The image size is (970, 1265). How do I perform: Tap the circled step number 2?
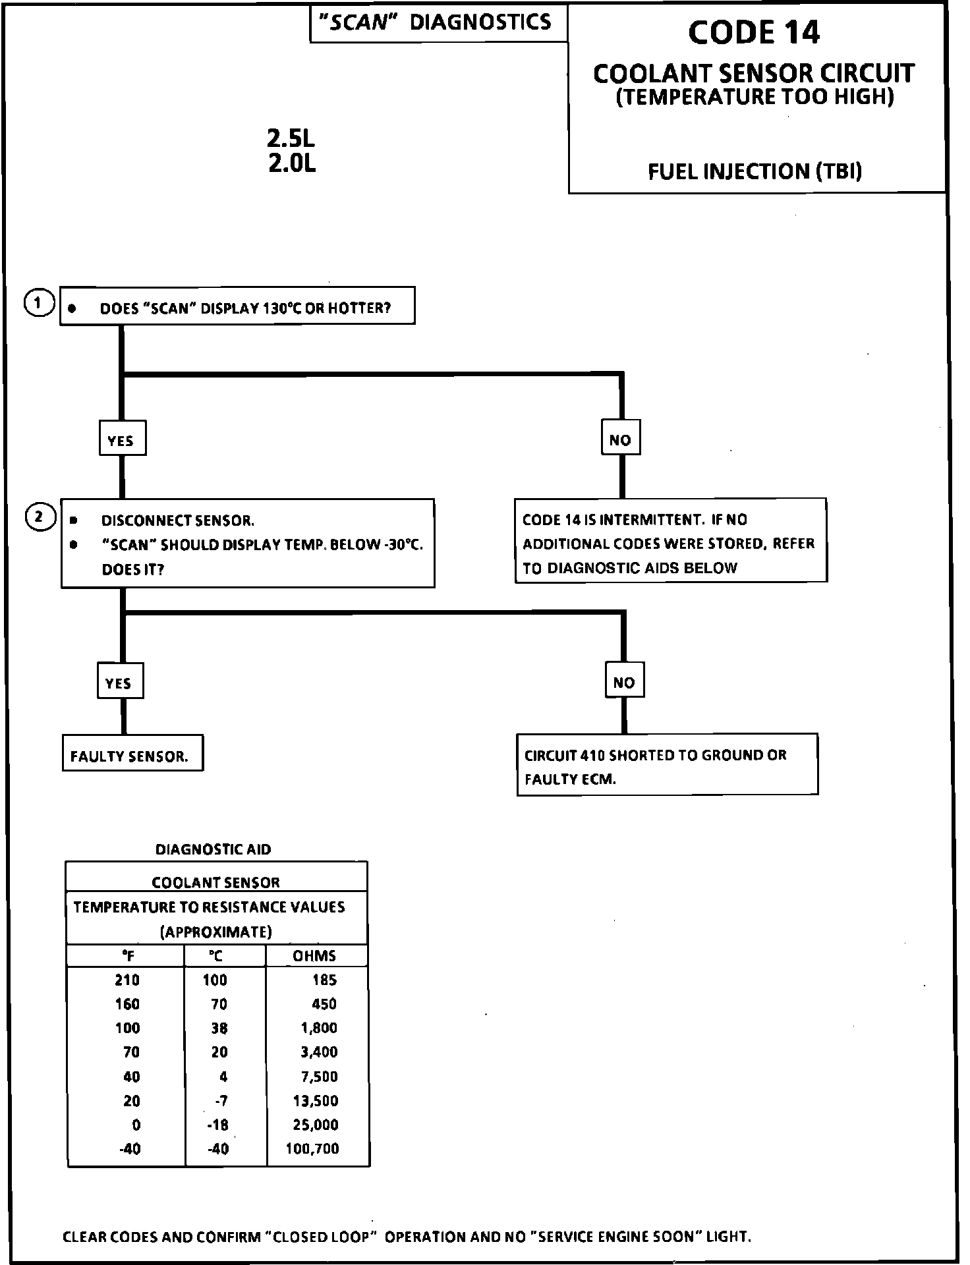tap(40, 517)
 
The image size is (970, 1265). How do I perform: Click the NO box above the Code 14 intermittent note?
tap(621, 438)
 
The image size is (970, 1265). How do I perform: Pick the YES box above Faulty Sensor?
tap(119, 681)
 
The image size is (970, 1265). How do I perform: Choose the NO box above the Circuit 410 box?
tap(624, 681)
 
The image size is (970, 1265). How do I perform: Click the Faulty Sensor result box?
tap(132, 754)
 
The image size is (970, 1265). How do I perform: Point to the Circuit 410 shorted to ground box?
tap(667, 765)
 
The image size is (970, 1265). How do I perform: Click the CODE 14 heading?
tap(754, 33)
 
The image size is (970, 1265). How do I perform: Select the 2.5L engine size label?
tap(291, 138)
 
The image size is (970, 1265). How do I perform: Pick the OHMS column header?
tap(314, 955)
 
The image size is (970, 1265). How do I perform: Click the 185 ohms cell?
tap(324, 980)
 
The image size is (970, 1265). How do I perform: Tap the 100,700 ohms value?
tap(312, 1148)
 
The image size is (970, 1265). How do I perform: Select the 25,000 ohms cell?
tap(316, 1124)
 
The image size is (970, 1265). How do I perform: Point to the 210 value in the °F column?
tap(127, 980)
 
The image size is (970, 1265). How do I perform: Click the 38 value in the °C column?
tap(219, 1028)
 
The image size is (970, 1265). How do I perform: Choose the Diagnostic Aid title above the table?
tap(213, 849)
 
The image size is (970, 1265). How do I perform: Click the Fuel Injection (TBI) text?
tap(755, 172)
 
